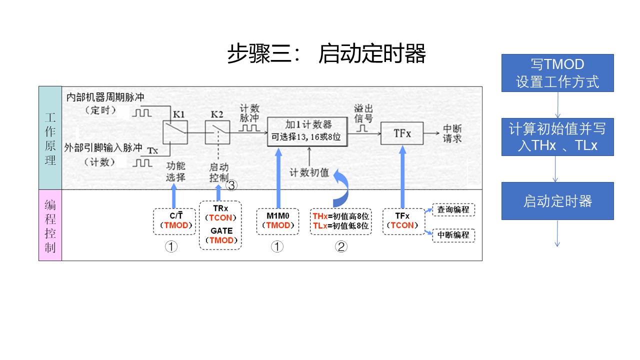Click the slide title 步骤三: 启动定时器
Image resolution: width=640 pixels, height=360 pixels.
[326, 54]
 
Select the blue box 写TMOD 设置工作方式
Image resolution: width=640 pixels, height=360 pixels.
[557, 73]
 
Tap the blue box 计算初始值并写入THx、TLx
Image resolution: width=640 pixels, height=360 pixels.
[557, 137]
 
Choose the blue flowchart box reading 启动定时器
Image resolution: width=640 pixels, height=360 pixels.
[557, 201]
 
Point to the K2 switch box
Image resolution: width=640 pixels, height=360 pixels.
[217, 132]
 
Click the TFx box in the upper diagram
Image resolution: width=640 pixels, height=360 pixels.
[401, 134]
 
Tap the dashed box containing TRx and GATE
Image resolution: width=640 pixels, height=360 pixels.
[220, 225]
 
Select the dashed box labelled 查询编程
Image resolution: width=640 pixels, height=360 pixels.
[453, 210]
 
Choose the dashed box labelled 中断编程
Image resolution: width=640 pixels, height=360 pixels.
[453, 235]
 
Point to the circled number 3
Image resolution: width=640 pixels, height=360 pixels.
[231, 185]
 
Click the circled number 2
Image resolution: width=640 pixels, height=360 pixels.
[340, 246]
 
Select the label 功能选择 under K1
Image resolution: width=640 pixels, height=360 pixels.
[175, 171]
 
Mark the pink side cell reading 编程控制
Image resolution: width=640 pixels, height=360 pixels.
[50, 225]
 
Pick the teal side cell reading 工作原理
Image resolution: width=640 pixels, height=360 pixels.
[50, 138]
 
